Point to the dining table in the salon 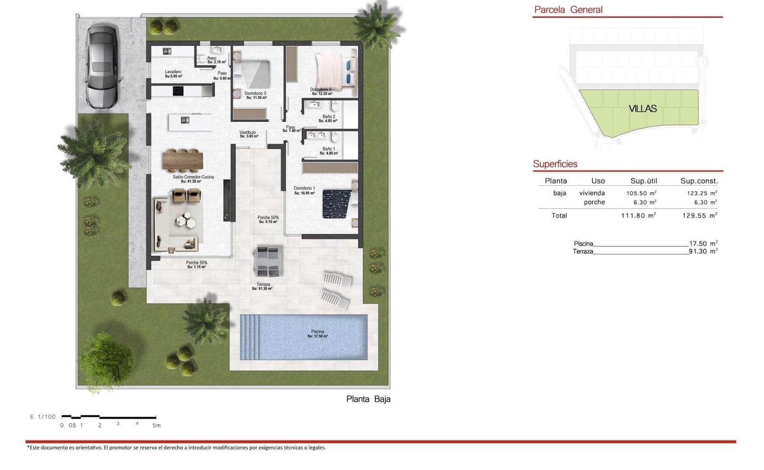tap(182, 160)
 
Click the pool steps tap(249, 337)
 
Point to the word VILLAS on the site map tap(642, 109)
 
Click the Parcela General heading tap(568, 10)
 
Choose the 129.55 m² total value tap(700, 216)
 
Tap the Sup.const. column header tap(699, 181)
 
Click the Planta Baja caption tap(368, 399)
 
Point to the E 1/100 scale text tap(43, 417)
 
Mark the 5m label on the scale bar tap(157, 425)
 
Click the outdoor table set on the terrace tap(267, 261)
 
